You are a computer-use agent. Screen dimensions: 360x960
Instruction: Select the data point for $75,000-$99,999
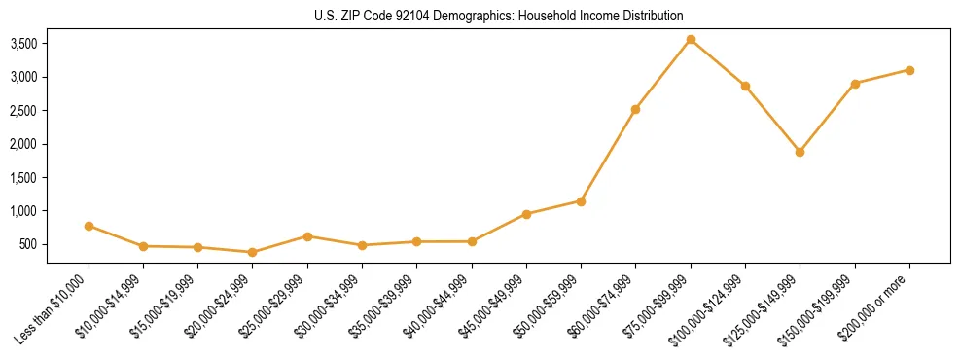point(691,40)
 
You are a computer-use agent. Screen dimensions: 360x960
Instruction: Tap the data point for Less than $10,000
point(89,226)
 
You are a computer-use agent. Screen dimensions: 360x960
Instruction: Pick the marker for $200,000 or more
point(909,70)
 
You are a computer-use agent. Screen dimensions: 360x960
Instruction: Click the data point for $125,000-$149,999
point(800,152)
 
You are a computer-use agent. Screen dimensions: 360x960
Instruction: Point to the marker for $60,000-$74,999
point(635,109)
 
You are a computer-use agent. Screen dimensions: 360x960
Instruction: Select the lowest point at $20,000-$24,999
point(253,252)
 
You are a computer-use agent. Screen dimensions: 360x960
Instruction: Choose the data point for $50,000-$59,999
point(581,201)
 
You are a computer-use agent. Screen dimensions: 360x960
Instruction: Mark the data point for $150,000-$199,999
point(855,84)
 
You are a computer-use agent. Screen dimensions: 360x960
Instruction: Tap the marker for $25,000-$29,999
point(307,236)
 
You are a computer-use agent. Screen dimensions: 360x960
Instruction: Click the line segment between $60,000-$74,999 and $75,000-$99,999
point(662,75)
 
